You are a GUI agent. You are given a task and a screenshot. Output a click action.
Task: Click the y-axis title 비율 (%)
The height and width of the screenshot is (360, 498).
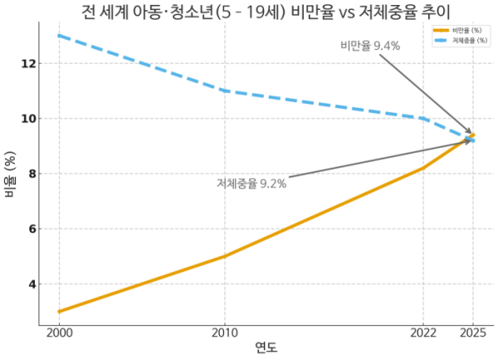click(11, 174)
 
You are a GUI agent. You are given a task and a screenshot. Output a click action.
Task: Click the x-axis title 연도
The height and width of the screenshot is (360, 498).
click(266, 347)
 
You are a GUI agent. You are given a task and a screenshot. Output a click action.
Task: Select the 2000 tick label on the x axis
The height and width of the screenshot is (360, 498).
click(59, 332)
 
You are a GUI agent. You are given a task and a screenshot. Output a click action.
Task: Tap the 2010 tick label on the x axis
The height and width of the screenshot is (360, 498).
click(224, 332)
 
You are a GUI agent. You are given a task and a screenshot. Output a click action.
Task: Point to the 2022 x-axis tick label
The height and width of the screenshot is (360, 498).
click(423, 332)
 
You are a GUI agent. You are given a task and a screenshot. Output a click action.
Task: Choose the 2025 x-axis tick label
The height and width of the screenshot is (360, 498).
click(473, 332)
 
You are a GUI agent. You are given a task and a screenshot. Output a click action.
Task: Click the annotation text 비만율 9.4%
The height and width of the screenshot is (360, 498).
click(370, 46)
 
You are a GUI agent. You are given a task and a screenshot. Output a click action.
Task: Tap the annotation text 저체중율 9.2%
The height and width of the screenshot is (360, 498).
click(251, 183)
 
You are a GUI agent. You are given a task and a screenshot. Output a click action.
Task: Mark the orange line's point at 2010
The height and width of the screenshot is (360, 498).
click(224, 256)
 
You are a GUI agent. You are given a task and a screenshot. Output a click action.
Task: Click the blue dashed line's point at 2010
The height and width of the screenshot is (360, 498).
click(224, 90)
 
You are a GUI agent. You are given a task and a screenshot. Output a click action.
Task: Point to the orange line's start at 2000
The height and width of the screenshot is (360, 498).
click(59, 312)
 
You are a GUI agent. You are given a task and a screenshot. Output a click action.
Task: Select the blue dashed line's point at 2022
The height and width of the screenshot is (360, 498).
click(423, 119)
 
